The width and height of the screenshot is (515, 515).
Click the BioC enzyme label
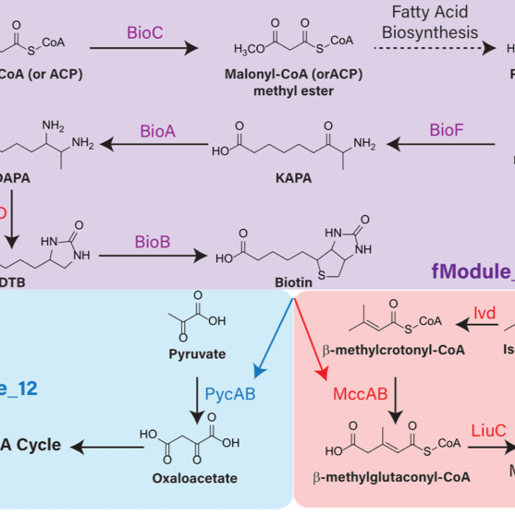tap(145, 33)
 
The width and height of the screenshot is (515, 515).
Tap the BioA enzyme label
tap(158, 131)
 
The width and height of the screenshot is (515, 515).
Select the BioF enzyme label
tap(447, 130)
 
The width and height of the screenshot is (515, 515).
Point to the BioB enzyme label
tap(152, 242)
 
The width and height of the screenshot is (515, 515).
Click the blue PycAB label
tap(230, 394)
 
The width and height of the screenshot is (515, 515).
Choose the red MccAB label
tap(360, 394)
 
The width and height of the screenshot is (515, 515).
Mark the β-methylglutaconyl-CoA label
tap(392, 477)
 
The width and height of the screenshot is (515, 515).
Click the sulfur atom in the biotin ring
tap(322, 275)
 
